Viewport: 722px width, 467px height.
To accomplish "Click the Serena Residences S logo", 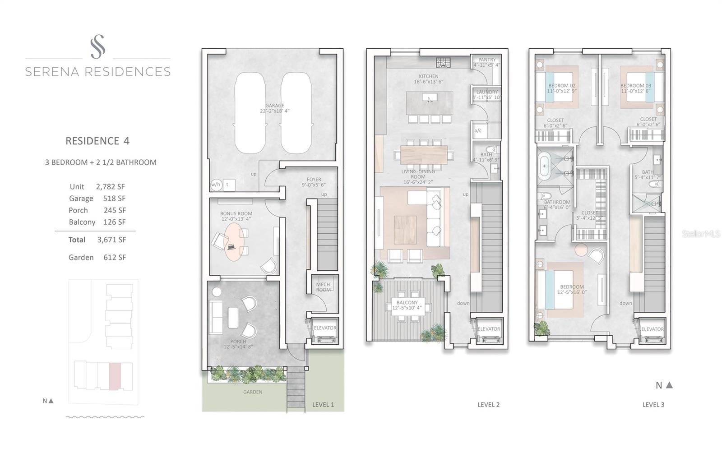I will [x=97, y=46].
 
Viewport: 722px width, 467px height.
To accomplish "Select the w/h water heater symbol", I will [x=216, y=184].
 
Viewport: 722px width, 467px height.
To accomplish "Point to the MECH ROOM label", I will [x=323, y=287].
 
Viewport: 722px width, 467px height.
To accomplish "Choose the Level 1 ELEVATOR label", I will [x=325, y=328].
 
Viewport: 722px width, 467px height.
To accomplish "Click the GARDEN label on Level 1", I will [x=253, y=392].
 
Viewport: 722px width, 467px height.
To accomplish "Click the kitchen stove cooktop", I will [x=441, y=62].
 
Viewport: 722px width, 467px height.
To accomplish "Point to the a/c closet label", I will [x=478, y=131].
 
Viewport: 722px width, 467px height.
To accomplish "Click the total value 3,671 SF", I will [x=111, y=240].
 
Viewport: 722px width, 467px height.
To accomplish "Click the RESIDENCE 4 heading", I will [x=97, y=141].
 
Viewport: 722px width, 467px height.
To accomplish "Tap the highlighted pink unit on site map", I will [x=115, y=376].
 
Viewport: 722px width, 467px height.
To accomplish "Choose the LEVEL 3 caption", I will [x=653, y=405].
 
